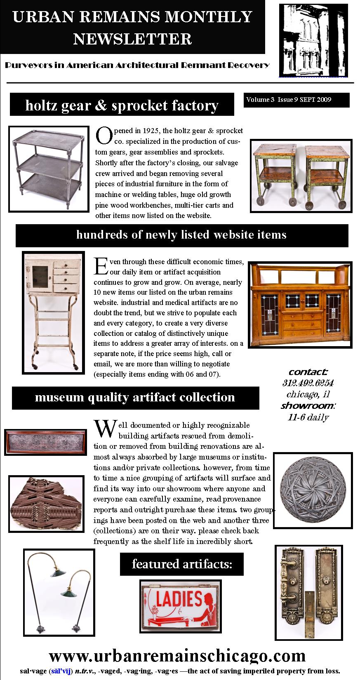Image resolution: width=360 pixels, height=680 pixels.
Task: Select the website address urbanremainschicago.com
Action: (x=177, y=656)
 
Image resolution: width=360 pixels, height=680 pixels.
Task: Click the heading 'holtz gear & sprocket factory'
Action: (x=122, y=105)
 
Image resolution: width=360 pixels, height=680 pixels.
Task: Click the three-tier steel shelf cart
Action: (x=49, y=169)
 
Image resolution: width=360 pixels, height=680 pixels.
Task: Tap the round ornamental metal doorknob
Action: (x=313, y=490)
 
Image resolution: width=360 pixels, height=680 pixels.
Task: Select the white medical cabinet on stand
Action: (x=53, y=312)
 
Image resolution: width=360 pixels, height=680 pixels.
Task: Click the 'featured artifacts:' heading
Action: (x=182, y=564)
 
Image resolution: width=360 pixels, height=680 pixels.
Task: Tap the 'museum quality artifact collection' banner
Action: (x=135, y=397)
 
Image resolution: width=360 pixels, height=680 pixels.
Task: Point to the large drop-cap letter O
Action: (x=103, y=136)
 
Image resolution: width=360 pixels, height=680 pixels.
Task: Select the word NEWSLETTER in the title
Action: (x=132, y=39)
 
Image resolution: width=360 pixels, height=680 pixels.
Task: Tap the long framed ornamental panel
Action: (x=45, y=442)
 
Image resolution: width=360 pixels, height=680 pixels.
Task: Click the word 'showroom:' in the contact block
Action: (x=308, y=406)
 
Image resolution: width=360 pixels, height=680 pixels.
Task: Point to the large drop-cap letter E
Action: (x=101, y=266)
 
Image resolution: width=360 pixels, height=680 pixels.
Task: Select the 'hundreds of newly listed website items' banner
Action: (x=181, y=235)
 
